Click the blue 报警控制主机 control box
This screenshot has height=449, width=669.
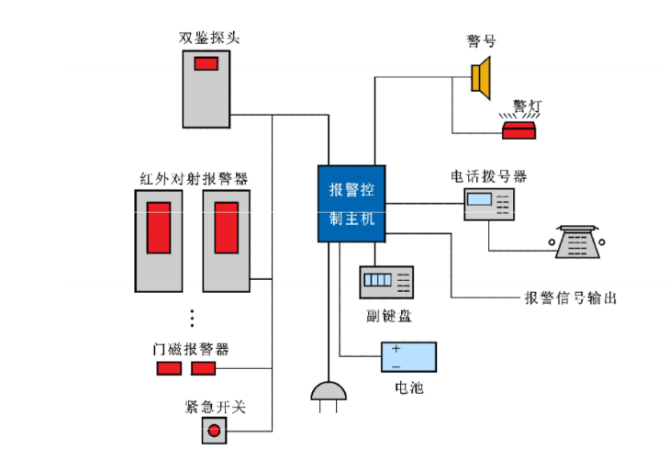(x=351, y=204)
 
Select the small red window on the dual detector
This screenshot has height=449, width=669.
(x=206, y=63)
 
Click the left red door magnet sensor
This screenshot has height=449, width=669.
(x=167, y=368)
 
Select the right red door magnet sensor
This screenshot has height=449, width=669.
(x=203, y=368)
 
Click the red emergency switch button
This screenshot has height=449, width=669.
(x=216, y=430)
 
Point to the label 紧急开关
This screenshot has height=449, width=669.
(x=216, y=406)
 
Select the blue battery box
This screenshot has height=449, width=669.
(x=408, y=357)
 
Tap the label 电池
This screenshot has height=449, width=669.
(x=408, y=387)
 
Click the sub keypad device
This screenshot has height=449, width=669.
(x=386, y=282)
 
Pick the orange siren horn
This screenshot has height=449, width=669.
(x=483, y=76)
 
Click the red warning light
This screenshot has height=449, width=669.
(x=522, y=129)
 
